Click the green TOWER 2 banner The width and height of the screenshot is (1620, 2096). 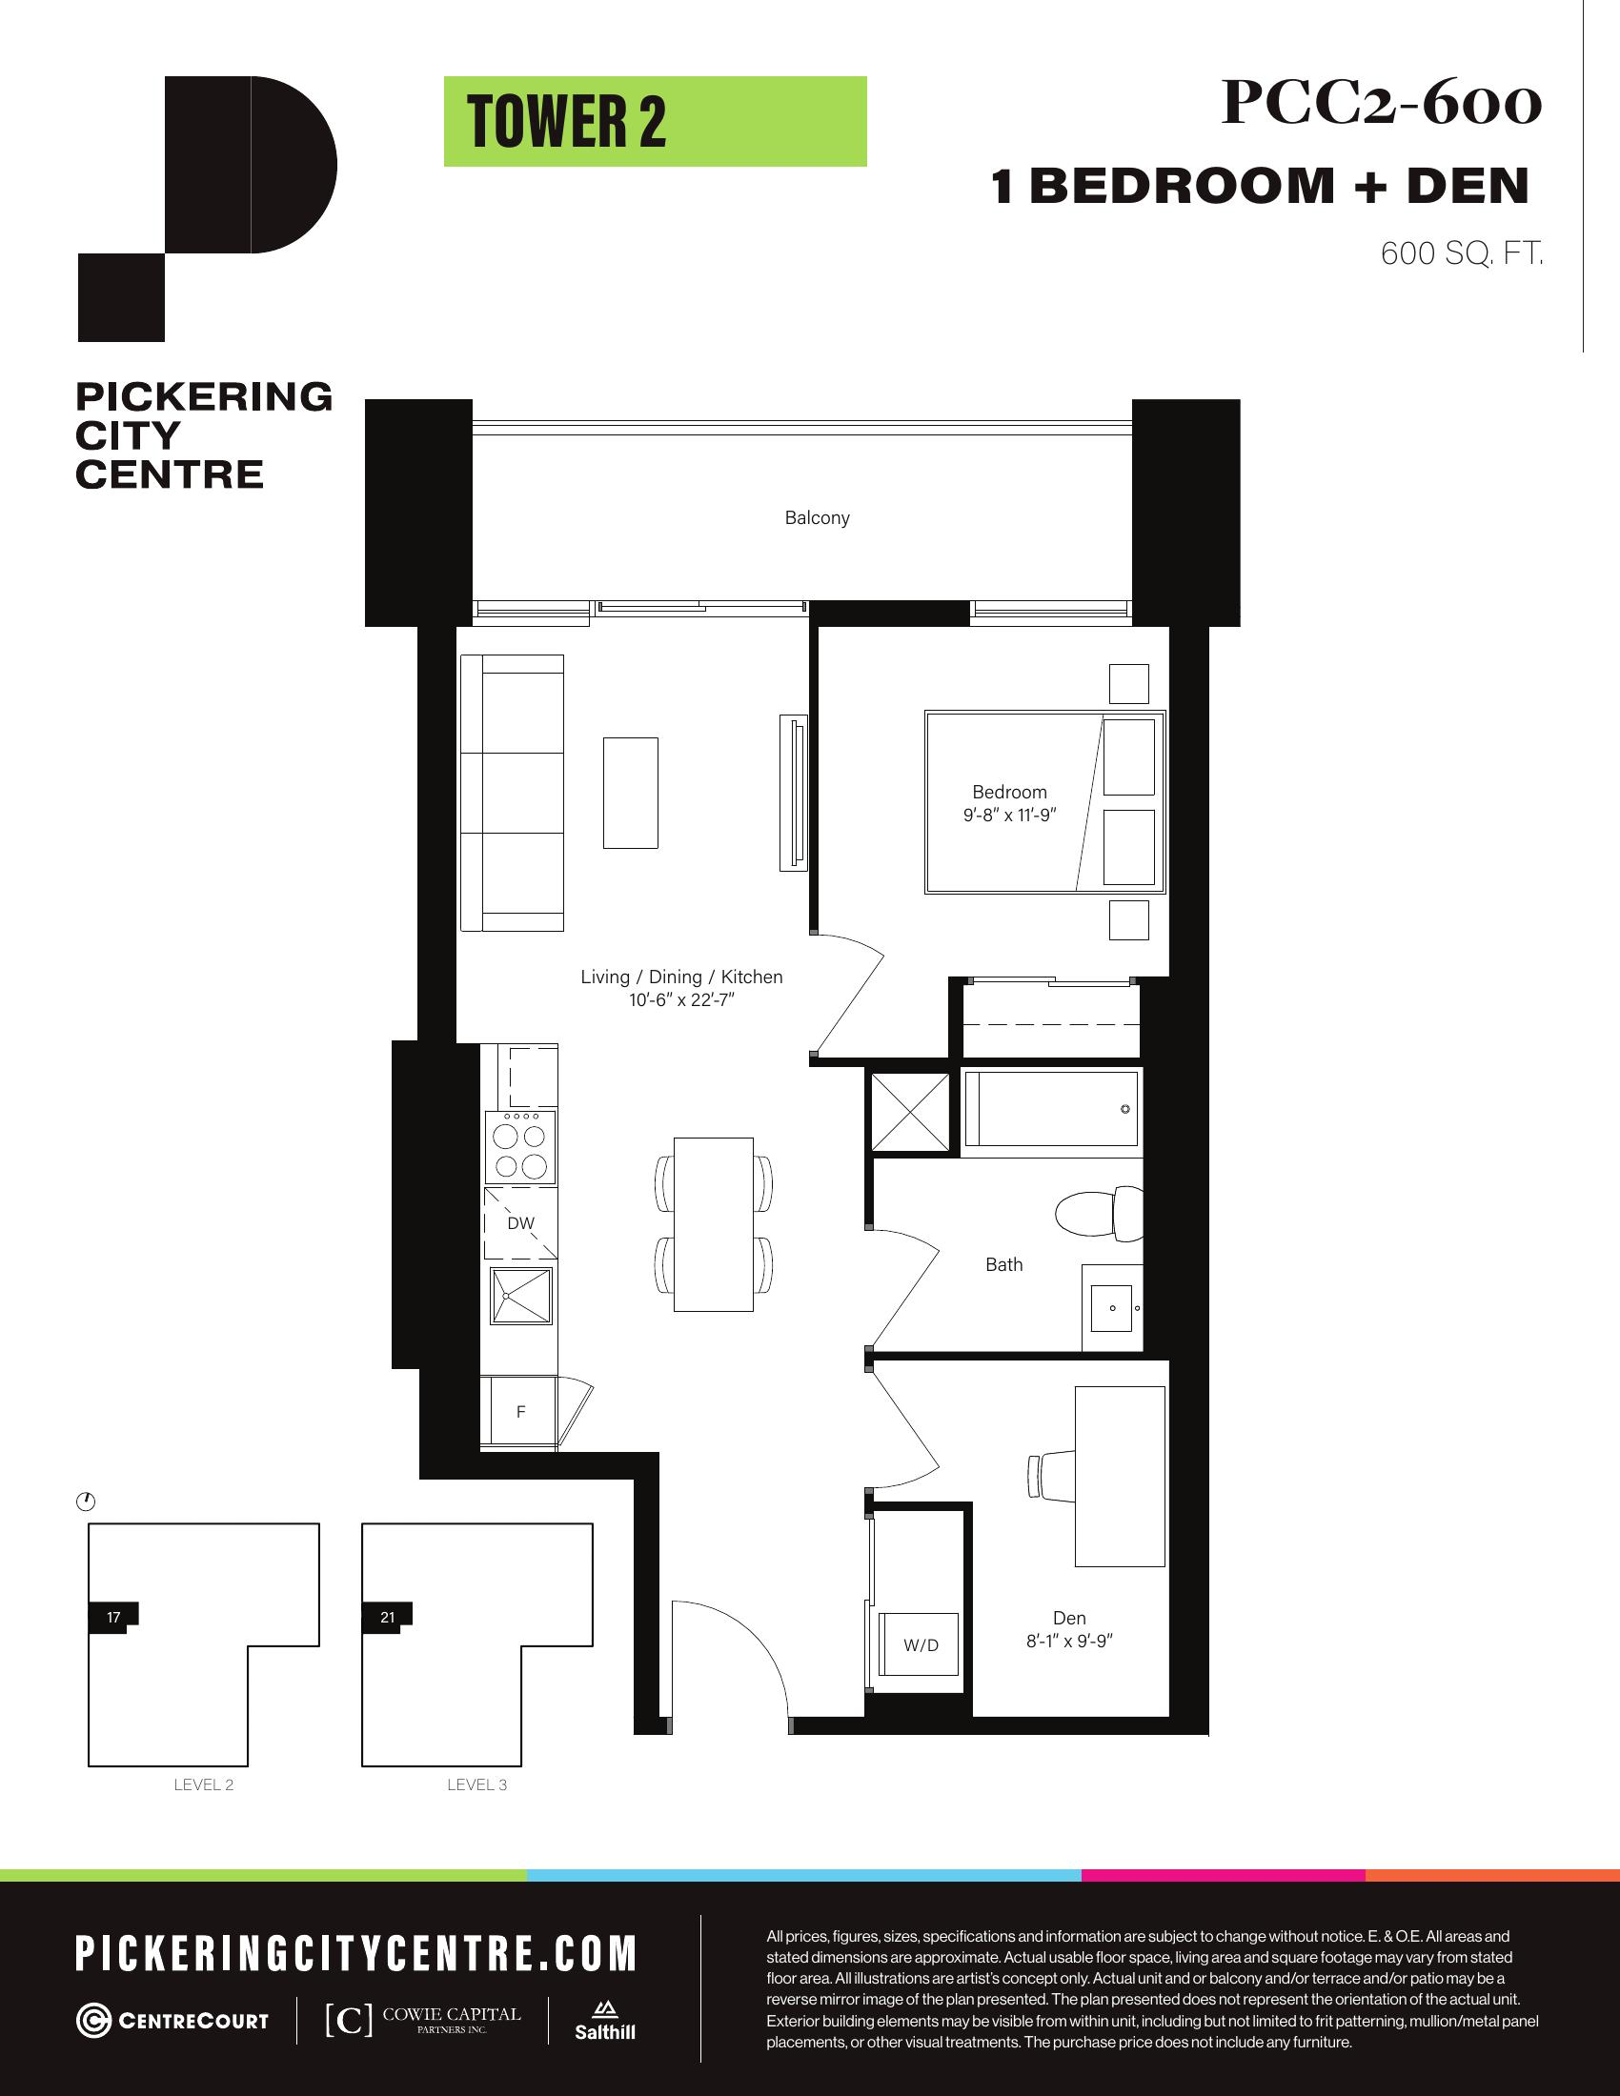pos(655,121)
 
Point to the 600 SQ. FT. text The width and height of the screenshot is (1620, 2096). pos(1462,253)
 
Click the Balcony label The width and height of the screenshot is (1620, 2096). pos(817,518)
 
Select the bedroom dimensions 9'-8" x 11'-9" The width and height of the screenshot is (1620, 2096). pos(1009,816)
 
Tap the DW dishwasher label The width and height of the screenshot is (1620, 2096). pos(520,1222)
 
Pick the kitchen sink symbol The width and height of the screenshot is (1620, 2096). pos(521,1296)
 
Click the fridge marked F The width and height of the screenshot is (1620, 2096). pos(519,1411)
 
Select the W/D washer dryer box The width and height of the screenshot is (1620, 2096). pos(921,1644)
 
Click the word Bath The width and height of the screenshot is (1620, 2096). pos(1003,1265)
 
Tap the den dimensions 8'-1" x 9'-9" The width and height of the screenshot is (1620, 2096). pos(1069,1642)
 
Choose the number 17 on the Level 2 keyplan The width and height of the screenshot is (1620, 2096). pos(113,1617)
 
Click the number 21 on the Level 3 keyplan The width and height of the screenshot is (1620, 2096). pos(387,1617)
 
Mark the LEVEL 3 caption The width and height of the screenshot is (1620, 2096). pos(477,1785)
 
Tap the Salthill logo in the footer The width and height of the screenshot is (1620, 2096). pos(604,2020)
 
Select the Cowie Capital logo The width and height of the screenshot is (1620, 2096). pos(423,2020)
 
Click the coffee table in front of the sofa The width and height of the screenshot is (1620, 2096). pos(631,793)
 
